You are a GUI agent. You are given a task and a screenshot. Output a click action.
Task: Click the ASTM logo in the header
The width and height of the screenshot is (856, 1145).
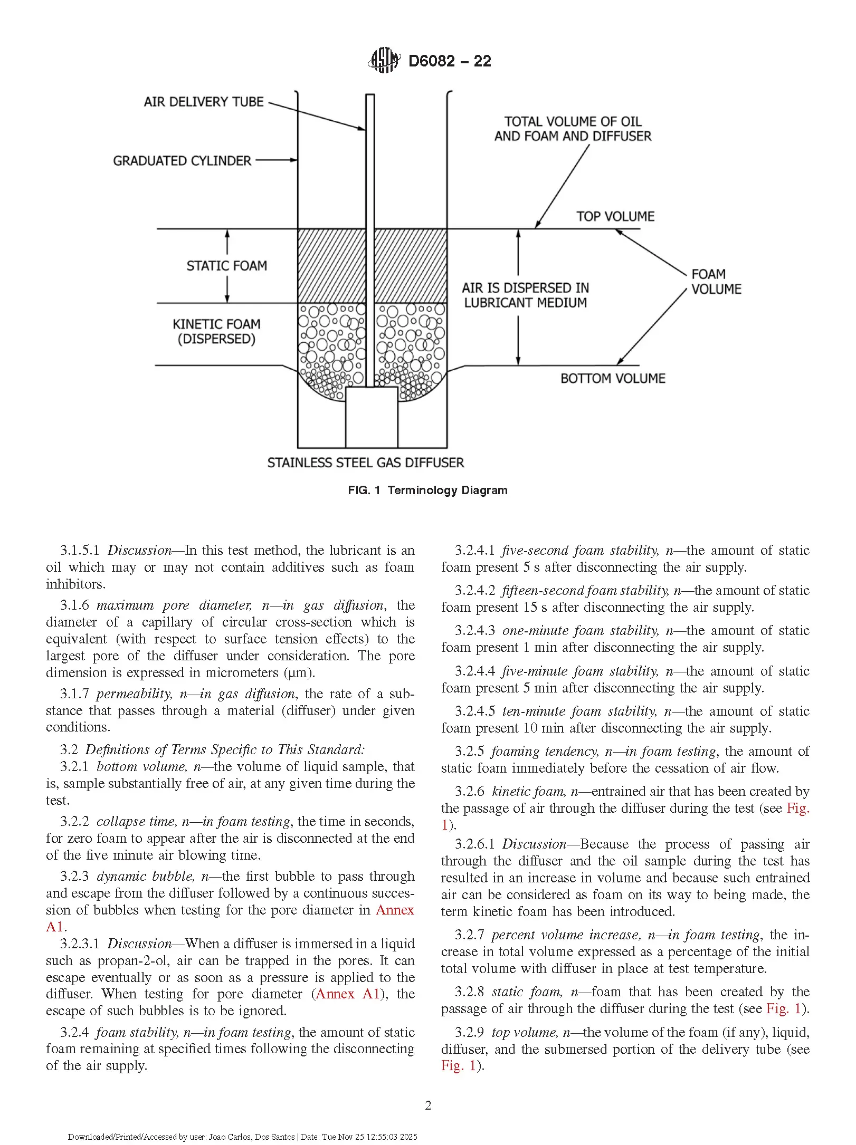(384, 60)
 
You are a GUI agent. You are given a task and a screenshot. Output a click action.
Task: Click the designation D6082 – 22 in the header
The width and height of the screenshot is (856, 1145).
(450, 61)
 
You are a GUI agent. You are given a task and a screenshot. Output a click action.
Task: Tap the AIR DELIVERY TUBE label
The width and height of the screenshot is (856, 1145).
(204, 102)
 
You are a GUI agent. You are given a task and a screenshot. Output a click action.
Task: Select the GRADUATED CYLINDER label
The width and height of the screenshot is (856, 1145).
(182, 161)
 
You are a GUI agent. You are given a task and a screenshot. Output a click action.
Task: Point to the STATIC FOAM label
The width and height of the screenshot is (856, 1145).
(227, 266)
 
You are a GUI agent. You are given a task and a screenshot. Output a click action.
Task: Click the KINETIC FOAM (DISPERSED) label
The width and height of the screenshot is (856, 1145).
(216, 331)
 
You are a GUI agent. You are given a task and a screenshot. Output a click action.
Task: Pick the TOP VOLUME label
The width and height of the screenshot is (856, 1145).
(615, 216)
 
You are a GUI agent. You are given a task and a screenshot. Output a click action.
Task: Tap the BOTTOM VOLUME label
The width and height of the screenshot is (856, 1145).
(613, 378)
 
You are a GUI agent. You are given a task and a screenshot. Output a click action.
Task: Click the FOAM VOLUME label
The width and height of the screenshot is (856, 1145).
(716, 282)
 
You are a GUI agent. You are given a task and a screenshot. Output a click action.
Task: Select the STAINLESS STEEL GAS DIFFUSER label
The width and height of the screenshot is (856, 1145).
(366, 463)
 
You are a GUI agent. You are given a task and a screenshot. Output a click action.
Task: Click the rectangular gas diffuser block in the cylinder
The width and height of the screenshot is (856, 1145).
(372, 417)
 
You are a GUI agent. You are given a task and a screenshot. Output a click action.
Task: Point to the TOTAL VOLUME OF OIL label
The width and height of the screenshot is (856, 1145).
(573, 121)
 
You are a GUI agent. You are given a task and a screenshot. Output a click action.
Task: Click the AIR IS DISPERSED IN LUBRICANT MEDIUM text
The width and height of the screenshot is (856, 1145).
(526, 295)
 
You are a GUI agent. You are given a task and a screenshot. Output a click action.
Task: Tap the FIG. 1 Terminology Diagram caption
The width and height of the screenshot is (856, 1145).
(427, 490)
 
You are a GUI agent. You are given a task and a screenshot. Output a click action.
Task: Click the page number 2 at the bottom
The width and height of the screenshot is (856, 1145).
(428, 1105)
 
